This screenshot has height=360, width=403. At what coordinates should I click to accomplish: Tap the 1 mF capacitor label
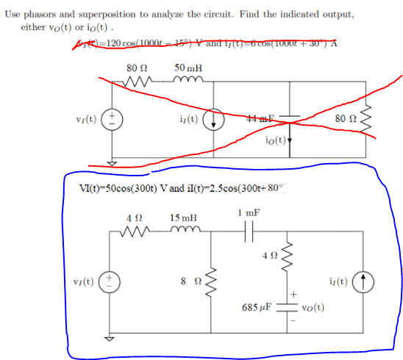(x=249, y=212)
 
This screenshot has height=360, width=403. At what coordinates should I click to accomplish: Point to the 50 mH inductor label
(x=189, y=68)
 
